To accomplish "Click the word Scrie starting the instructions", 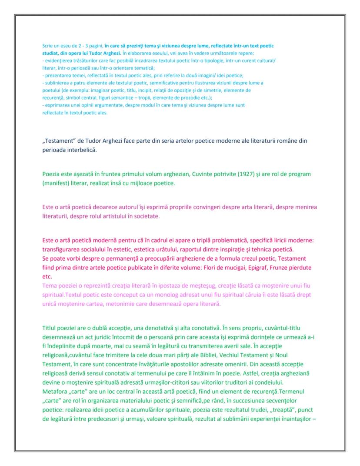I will point(47,46).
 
